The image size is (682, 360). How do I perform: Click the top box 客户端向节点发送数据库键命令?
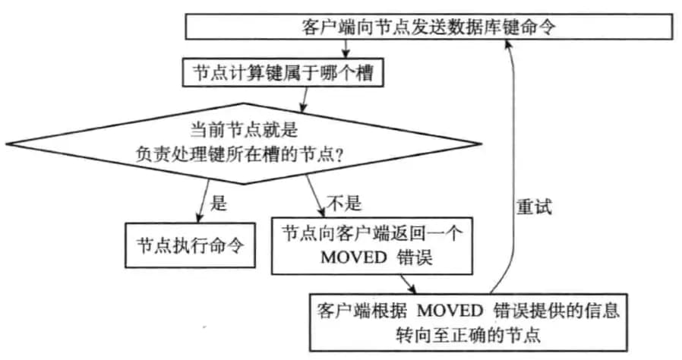click(429, 27)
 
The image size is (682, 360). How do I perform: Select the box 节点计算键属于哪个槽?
click(283, 72)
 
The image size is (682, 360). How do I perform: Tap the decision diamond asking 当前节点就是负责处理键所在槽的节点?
click(244, 144)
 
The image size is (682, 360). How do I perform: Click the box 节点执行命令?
click(190, 245)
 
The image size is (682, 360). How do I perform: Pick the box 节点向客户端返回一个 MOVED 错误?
click(372, 246)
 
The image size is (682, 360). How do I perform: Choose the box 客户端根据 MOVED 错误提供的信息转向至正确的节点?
click(469, 322)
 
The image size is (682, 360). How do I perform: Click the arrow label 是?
click(218, 203)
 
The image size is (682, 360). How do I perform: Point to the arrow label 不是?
click(344, 203)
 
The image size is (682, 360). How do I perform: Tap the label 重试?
click(534, 207)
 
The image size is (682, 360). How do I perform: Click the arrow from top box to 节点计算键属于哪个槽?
click(346, 49)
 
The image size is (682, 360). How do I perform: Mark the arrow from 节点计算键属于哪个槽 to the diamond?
click(304, 99)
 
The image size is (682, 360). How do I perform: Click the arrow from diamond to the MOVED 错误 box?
click(315, 196)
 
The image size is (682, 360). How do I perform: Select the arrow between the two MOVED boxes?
click(408, 284)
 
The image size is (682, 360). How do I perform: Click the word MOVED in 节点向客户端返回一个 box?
click(354, 257)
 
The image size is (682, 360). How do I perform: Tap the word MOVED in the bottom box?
click(450, 311)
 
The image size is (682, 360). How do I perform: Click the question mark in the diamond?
click(339, 155)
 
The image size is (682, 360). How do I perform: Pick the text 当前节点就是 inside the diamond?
click(244, 130)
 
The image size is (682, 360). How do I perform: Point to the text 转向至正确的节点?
click(469, 335)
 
